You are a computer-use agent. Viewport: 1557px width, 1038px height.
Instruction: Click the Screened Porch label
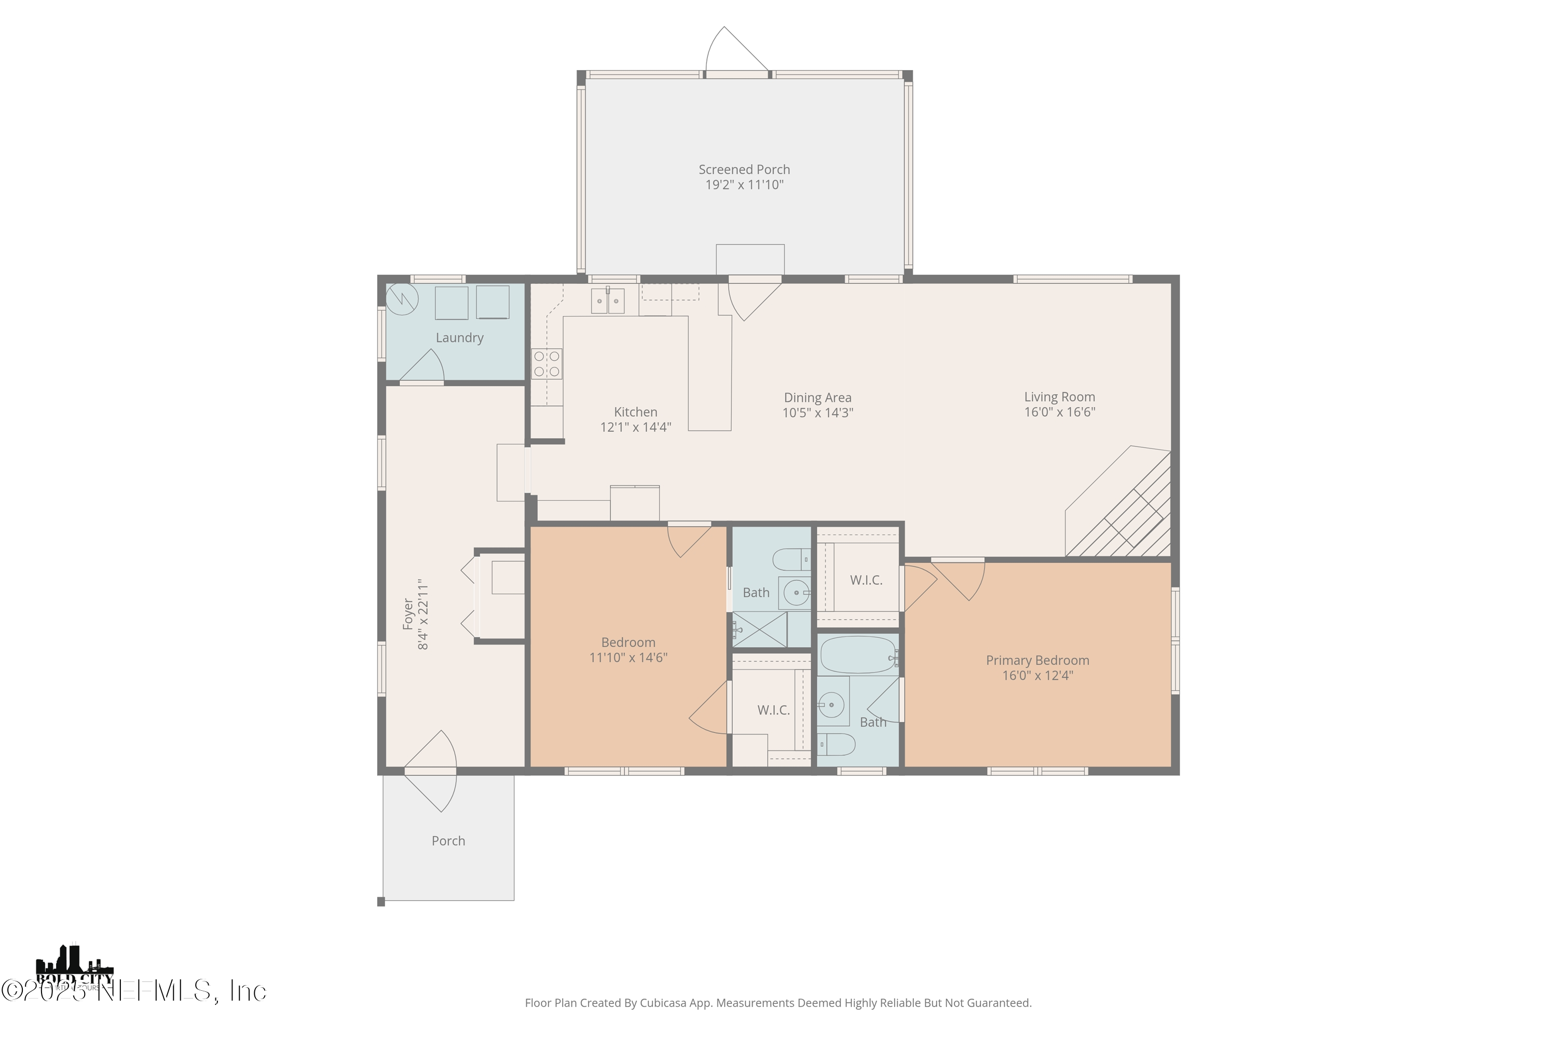pyautogui.click(x=744, y=170)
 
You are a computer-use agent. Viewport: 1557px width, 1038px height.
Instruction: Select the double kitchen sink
pyautogui.click(x=608, y=301)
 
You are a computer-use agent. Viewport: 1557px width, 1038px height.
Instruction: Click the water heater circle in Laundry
pyautogui.click(x=402, y=300)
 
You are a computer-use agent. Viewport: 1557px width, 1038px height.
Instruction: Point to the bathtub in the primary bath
pyautogui.click(x=858, y=654)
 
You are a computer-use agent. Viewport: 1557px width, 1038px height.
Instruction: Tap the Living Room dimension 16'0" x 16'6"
pyautogui.click(x=1059, y=412)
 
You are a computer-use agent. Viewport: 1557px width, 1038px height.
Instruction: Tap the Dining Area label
pyautogui.click(x=817, y=397)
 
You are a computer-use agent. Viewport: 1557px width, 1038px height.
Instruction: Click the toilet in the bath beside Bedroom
pyautogui.click(x=791, y=560)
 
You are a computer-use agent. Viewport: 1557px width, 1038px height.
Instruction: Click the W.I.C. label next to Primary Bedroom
pyautogui.click(x=866, y=580)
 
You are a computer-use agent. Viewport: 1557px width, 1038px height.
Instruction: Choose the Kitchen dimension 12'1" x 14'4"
pyautogui.click(x=635, y=427)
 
